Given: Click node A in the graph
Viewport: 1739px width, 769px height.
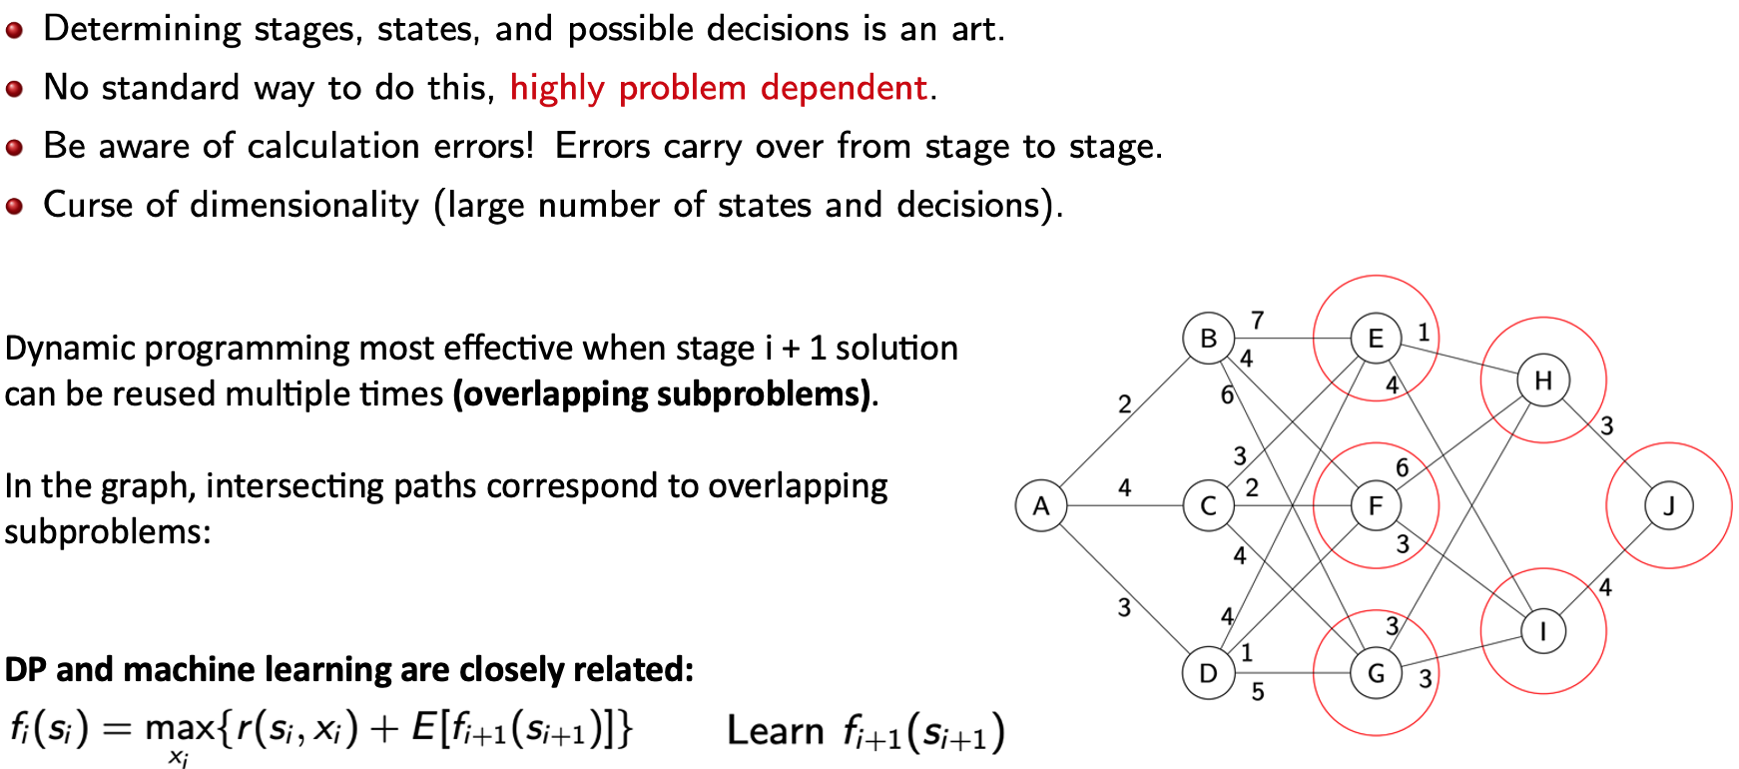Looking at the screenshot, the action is coord(1040,505).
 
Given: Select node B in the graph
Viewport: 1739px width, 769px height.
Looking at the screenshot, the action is coord(1208,339).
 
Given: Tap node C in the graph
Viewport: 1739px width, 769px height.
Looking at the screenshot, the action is coord(1208,505).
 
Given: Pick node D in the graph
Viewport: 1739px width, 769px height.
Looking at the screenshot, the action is coord(1208,673).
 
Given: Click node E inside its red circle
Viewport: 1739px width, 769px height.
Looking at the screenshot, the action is coord(1376,339).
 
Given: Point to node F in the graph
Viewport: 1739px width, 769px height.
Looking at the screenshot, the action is coord(1376,505).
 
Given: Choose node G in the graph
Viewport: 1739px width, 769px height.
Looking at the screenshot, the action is coord(1376,673).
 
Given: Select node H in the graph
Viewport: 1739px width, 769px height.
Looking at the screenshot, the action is coord(1543,380).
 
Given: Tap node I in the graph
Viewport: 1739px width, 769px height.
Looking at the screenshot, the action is coord(1543,631).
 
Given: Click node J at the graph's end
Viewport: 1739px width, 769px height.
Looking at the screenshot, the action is coord(1669,505).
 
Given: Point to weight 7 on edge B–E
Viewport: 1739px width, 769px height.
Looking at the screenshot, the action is coord(1258,320).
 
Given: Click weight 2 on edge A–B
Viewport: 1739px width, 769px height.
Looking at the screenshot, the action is coord(1124,403).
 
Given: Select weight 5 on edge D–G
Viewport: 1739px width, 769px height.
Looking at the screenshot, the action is coord(1258,691).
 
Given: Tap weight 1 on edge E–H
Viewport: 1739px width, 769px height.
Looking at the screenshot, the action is coord(1424,333).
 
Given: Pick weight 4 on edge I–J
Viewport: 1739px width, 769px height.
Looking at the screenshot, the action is coord(1605,587).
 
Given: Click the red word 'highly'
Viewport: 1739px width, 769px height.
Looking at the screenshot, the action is coord(557,88).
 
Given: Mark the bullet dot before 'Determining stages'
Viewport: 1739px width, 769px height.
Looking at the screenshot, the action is coord(14,30).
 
